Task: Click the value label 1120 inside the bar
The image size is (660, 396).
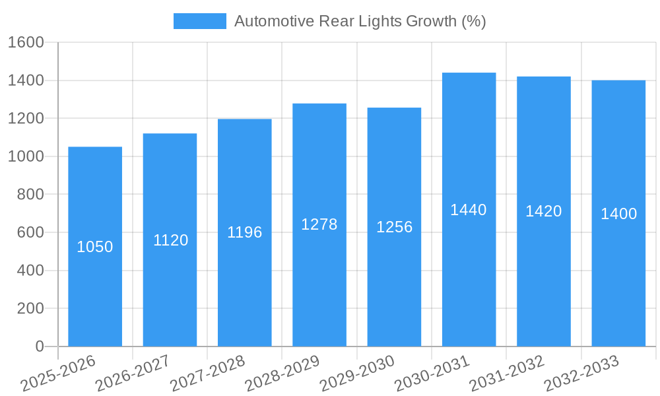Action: point(170,240)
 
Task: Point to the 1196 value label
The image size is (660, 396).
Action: point(245,232)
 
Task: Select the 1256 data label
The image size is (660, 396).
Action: point(394,227)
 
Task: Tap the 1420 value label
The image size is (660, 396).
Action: point(544,211)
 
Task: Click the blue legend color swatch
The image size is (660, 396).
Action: point(199,21)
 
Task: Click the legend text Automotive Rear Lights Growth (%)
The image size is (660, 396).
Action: point(360,21)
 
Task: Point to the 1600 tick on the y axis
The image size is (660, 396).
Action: point(26,42)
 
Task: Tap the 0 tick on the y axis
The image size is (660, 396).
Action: point(39,346)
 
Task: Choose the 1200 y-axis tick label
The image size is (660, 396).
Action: point(26,119)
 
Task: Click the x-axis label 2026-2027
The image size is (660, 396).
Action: point(133,374)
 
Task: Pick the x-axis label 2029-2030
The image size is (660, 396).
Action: point(357,374)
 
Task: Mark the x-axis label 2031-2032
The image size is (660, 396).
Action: point(507,374)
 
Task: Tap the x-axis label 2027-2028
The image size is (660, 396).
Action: point(207,374)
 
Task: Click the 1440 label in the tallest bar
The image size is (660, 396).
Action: point(469,210)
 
